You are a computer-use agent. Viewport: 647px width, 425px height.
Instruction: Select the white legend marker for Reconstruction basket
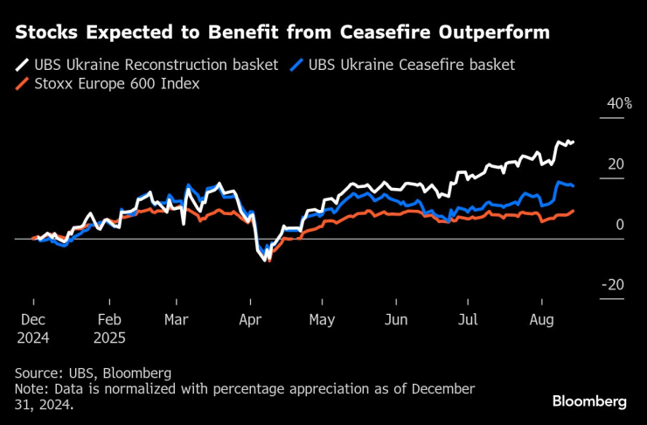click(22, 66)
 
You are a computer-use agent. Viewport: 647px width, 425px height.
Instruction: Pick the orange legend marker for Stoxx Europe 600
click(22, 84)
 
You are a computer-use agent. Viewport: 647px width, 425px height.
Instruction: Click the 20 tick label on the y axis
click(616, 164)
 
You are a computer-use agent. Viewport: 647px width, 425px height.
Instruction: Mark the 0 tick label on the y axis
click(620, 225)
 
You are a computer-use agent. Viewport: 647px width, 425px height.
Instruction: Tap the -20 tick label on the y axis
click(614, 285)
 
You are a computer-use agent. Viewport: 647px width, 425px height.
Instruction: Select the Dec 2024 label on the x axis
click(33, 328)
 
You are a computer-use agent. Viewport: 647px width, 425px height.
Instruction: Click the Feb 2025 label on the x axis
click(109, 328)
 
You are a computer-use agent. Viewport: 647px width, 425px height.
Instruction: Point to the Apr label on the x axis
click(251, 320)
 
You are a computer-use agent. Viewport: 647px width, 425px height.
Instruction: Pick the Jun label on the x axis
click(396, 320)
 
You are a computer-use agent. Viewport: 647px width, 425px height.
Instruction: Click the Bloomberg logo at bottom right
click(589, 401)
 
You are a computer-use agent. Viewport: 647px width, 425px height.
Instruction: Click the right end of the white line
click(573, 142)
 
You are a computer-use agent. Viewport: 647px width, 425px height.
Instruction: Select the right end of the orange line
click(573, 211)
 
